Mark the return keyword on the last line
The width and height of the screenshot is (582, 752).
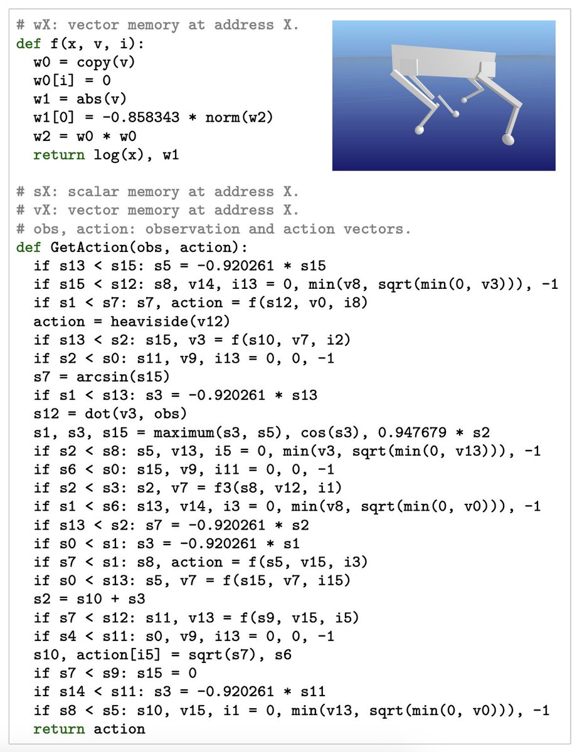click(60, 729)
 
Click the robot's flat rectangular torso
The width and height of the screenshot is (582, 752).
click(445, 59)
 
